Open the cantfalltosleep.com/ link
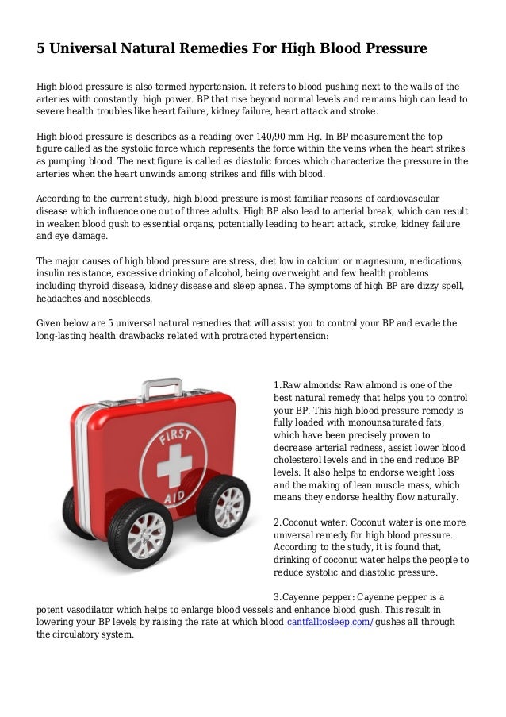[x=329, y=622]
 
